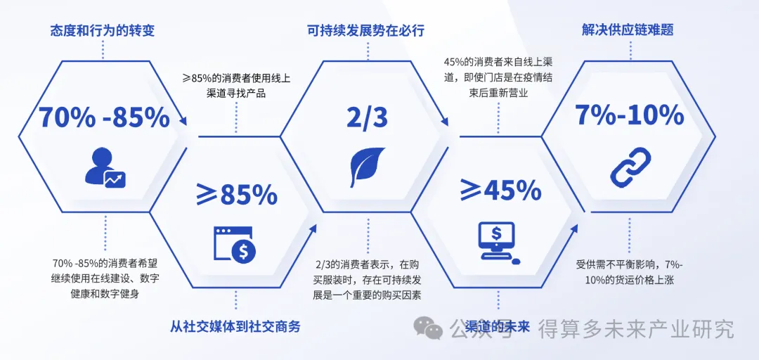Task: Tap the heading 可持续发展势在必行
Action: point(366,31)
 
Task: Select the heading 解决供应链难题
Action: point(628,30)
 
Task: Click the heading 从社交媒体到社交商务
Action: point(235,326)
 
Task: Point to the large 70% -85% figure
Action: point(104,117)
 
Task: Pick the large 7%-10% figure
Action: point(629,115)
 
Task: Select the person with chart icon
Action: point(105,167)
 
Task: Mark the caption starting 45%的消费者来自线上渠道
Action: point(499,77)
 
